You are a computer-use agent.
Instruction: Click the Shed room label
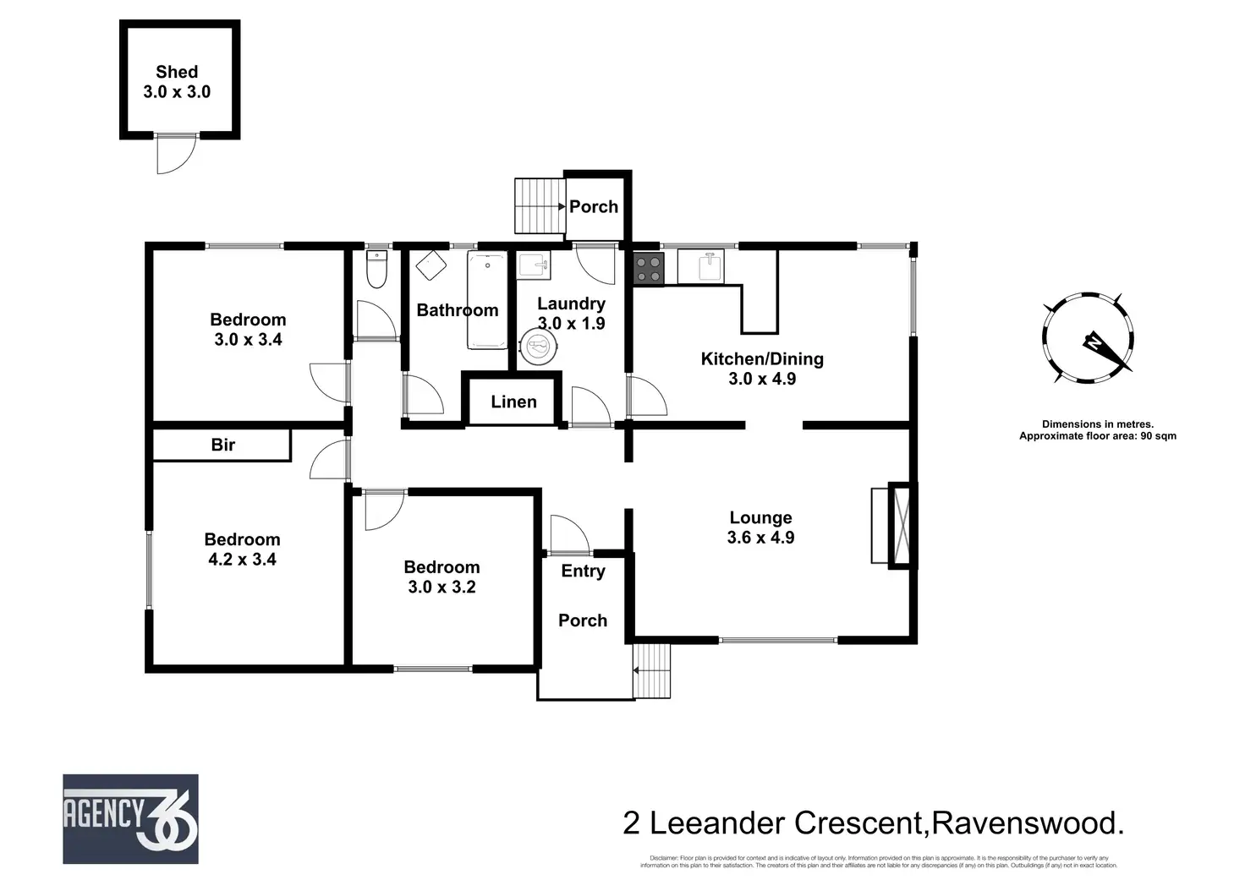[177, 73]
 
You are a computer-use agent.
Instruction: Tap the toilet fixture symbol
[376, 270]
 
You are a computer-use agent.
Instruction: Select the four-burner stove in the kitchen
[650, 269]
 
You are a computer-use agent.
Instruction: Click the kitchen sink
[710, 267]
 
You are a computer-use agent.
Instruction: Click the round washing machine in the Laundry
[539, 347]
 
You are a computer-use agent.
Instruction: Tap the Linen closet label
[513, 402]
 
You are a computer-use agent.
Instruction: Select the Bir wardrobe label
[222, 445]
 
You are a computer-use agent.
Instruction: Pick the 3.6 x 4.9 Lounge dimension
[760, 538]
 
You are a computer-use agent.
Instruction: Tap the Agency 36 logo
[130, 818]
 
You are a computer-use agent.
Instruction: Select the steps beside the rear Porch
[539, 205]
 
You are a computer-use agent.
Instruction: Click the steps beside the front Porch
[651, 670]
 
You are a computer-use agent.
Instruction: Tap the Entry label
[583, 571]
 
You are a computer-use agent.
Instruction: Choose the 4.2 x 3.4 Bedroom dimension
[242, 559]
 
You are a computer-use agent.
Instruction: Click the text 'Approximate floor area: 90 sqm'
[1097, 436]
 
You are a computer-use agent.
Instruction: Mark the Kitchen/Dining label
[762, 358]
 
